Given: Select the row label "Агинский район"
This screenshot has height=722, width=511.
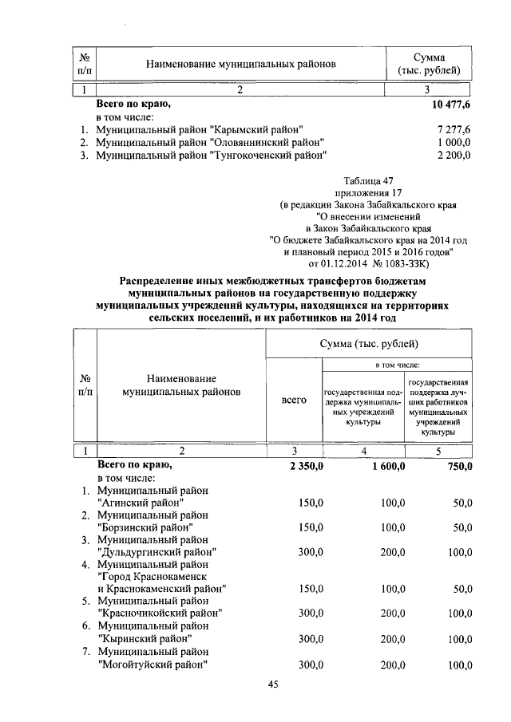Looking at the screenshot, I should pos(141,503).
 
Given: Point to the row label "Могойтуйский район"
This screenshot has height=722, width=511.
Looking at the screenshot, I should pos(152,664).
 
